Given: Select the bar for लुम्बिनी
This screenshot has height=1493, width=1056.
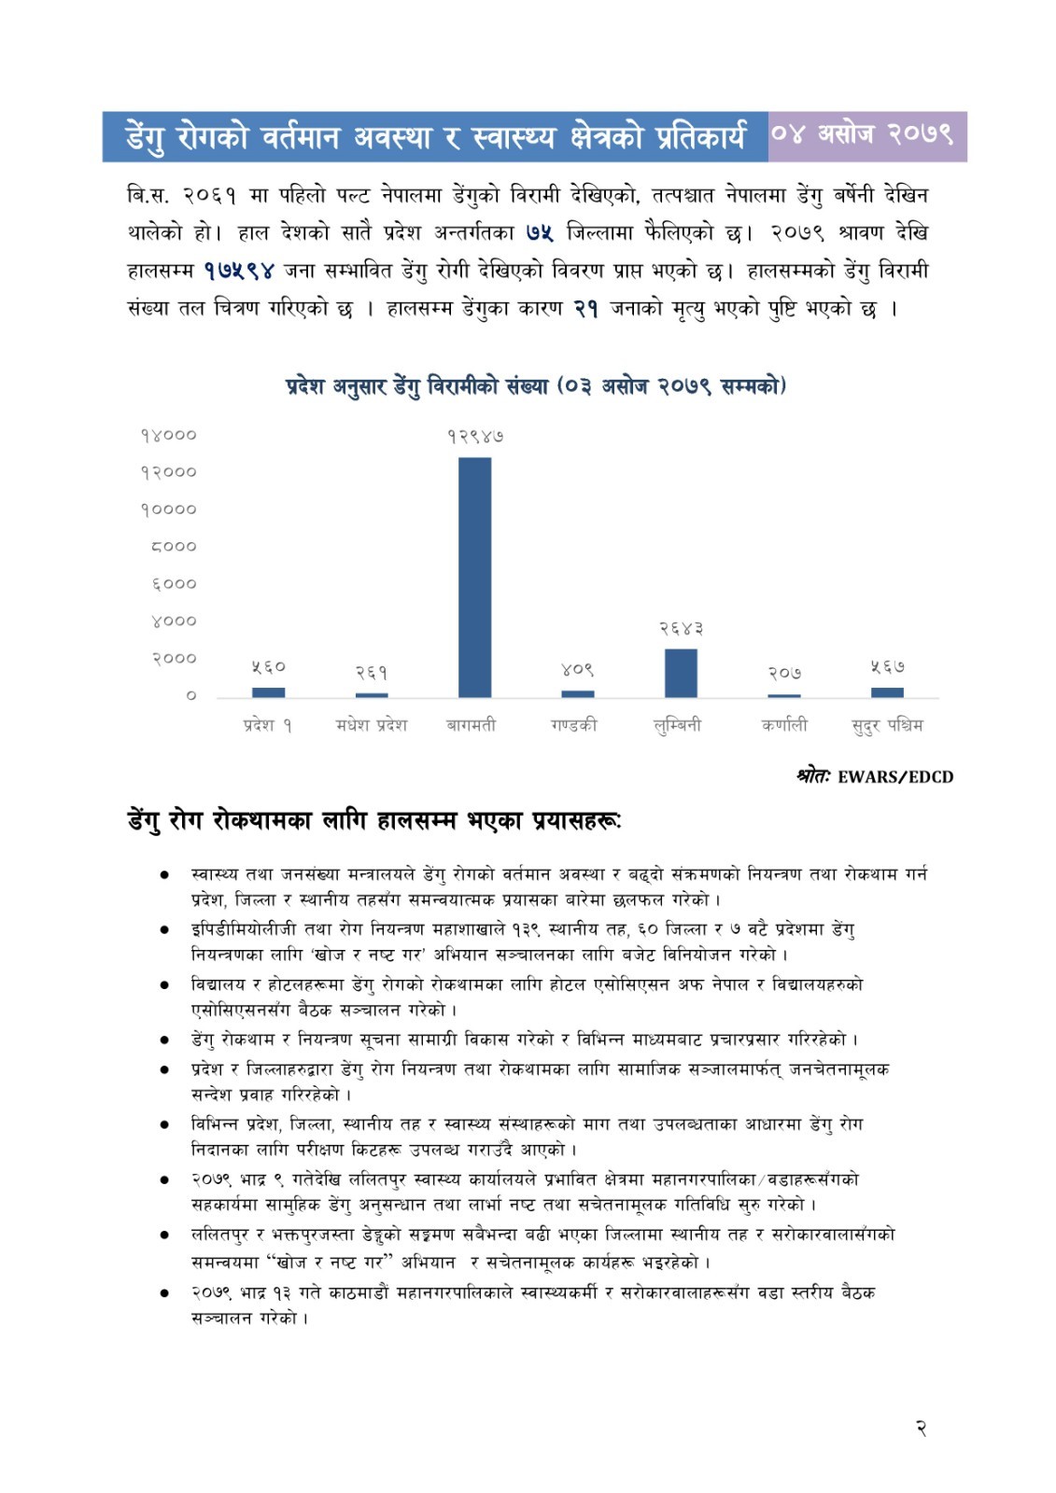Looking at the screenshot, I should click(681, 673).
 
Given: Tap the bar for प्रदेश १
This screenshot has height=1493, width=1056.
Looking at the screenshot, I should click(268, 692).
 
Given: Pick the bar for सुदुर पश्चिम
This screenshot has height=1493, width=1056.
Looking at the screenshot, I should click(887, 692).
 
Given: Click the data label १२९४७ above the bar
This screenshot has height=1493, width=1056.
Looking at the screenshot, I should click(475, 436).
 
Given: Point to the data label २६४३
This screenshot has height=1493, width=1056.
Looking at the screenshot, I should click(681, 629).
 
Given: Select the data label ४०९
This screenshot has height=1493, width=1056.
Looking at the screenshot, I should click(577, 670).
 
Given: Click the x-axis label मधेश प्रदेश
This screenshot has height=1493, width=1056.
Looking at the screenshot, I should click(372, 725).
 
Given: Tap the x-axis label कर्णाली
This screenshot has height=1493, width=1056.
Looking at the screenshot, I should click(784, 725).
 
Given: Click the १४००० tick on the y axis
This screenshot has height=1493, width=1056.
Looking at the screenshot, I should click(169, 435).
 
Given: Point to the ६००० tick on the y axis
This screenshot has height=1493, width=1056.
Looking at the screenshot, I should click(174, 584).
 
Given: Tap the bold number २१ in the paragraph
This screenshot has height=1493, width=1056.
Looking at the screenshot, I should click(585, 309).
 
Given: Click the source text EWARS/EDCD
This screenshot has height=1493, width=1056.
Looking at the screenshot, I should click(894, 776).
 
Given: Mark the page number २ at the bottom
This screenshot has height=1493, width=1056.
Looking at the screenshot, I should click(921, 1428).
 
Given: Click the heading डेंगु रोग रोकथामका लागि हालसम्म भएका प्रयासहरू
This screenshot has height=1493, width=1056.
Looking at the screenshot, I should click(373, 821).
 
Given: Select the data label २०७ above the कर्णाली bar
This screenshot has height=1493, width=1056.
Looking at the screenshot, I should click(784, 673).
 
